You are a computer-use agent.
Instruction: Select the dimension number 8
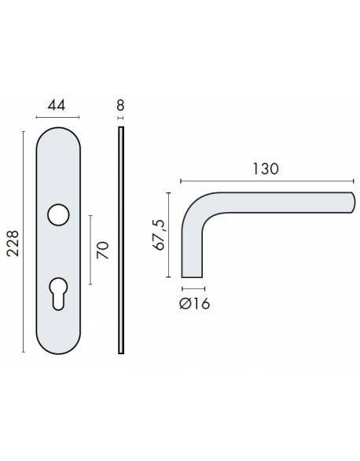point(120,104)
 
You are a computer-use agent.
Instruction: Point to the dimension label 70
point(101,251)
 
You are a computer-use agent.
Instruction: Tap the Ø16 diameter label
point(193,303)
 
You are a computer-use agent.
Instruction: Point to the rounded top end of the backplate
point(61,134)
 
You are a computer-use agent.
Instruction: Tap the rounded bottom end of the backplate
point(61,346)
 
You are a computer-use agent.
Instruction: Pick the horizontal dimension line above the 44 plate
point(61,119)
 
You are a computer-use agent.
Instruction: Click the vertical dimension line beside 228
point(24,241)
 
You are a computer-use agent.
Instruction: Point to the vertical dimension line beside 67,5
point(170,235)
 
